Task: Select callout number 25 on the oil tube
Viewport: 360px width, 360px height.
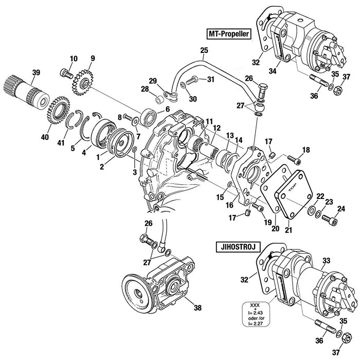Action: pos(204,50)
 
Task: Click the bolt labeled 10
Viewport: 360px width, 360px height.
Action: pos(65,73)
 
